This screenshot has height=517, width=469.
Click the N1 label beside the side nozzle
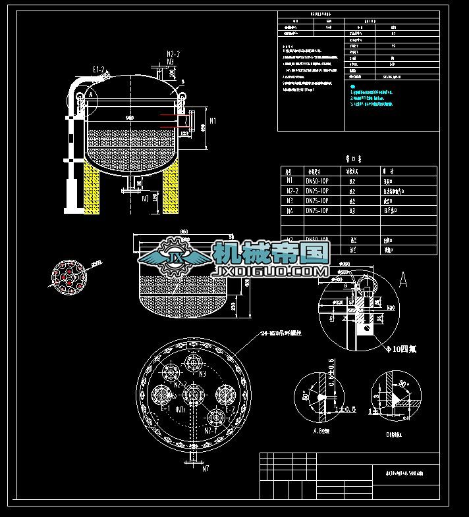click(x=212, y=120)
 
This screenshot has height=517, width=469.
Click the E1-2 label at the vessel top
click(x=99, y=68)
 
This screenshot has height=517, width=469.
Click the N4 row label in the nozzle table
click(x=290, y=210)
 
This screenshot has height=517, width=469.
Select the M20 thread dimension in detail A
click(x=390, y=308)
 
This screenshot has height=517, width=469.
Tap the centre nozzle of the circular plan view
click(x=192, y=394)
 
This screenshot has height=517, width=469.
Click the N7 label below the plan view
click(x=206, y=468)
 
